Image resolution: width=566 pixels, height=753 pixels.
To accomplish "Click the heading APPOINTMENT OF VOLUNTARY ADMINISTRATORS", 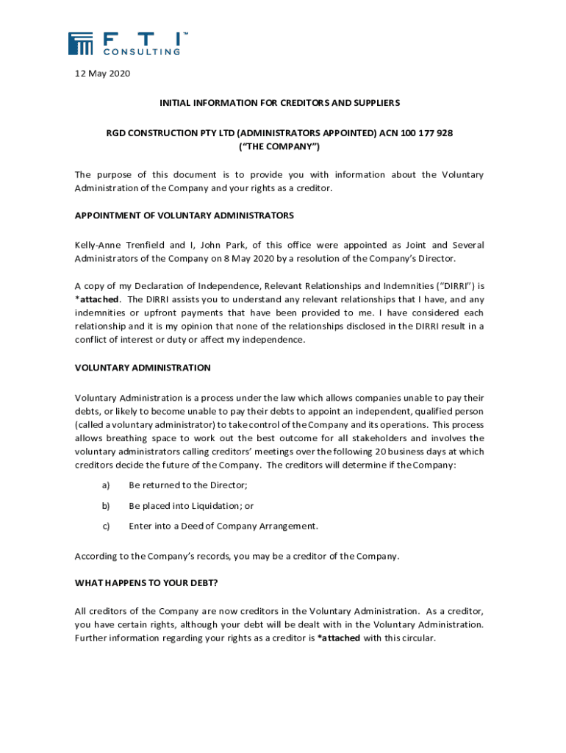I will tap(185, 215).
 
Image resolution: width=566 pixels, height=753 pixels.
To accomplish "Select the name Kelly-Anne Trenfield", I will tap(121, 245).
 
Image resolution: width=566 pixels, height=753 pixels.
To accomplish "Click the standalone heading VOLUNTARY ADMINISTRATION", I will tap(143, 368).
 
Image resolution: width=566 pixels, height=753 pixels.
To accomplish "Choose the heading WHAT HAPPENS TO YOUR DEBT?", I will tap(146, 583).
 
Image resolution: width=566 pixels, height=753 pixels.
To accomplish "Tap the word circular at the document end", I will tap(416, 638).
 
